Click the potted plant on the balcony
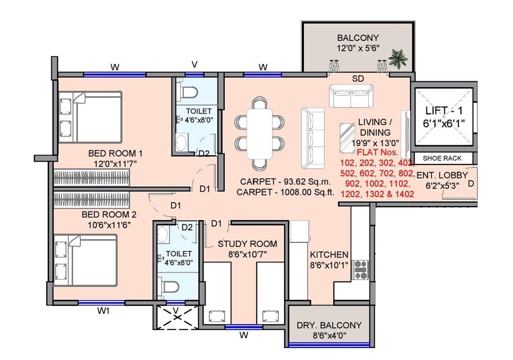tap(398, 58)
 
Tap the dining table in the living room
tap(259, 134)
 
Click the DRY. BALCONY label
tap(329, 325)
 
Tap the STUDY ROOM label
tap(247, 244)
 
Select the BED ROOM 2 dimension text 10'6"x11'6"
tap(106, 224)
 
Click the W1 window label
tap(104, 310)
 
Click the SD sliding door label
tap(358, 79)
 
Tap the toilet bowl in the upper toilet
tap(188, 92)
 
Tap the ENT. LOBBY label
tap(442, 175)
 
